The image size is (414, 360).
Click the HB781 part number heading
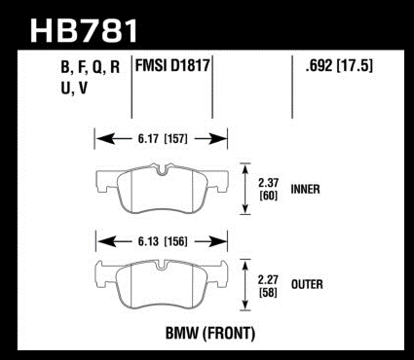pyautogui.click(x=84, y=30)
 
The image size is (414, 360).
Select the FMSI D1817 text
pyautogui.click(x=172, y=66)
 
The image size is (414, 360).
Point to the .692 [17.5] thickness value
pyautogui.click(x=339, y=66)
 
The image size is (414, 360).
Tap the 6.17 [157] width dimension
pyautogui.click(x=163, y=139)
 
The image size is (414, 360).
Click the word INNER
pyautogui.click(x=305, y=189)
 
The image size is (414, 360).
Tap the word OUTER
pyautogui.click(x=307, y=284)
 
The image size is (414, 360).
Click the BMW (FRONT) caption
pyautogui.click(x=210, y=333)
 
